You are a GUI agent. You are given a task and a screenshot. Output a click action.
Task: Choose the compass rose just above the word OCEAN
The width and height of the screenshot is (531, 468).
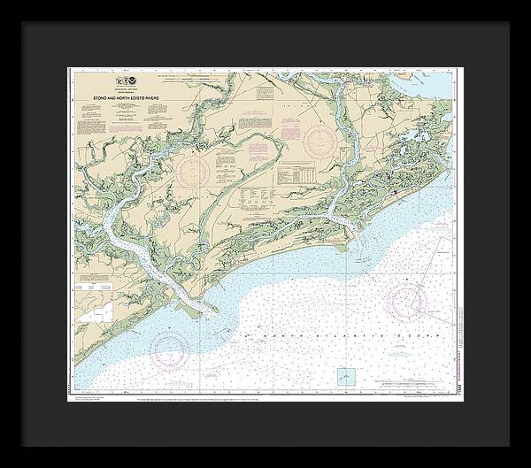pos(407,303)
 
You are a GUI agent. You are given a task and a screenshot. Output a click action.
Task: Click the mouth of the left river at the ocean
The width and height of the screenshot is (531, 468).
pos(209,310)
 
